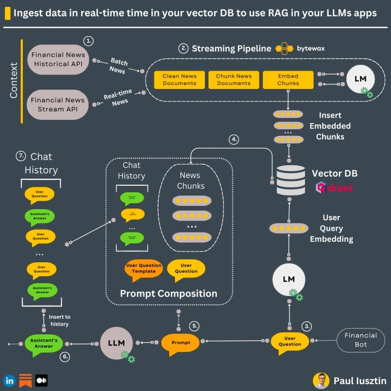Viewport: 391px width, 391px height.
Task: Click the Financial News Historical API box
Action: point(58,60)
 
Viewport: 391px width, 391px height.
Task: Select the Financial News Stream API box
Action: point(58,104)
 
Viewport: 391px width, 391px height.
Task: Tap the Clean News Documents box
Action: point(179,80)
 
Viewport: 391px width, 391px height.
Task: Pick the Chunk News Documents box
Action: point(234,80)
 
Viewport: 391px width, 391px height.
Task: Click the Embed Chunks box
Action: point(288,80)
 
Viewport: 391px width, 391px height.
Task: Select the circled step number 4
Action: point(235,140)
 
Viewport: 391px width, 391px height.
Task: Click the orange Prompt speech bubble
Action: point(180,342)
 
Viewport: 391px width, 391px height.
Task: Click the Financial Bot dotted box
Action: point(361,339)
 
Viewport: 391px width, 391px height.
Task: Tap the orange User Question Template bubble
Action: point(143,268)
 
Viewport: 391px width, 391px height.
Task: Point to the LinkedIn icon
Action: point(9,380)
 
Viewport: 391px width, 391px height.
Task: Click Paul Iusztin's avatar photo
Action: point(321,380)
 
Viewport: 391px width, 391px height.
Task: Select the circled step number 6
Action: point(64,357)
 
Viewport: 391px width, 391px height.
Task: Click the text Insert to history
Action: point(59,321)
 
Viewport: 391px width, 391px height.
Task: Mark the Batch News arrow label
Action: point(117,66)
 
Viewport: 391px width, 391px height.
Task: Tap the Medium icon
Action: point(41,380)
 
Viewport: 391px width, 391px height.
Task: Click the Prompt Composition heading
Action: point(169,294)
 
